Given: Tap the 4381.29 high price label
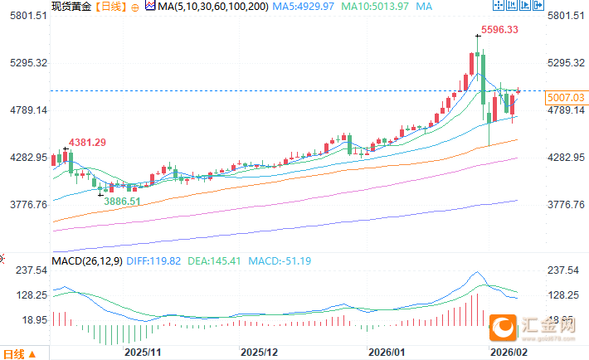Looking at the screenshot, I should pos(87,143).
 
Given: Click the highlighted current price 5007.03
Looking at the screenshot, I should pos(565,98).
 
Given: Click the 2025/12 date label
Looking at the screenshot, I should pos(258,352).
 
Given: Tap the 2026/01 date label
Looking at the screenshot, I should pos(387,352).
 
